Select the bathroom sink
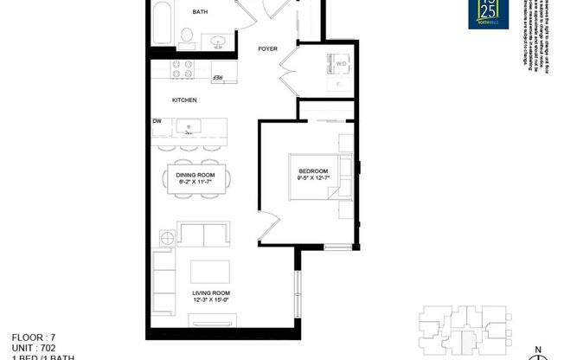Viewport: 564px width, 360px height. click(x=216, y=40)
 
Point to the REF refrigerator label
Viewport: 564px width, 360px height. click(x=218, y=78)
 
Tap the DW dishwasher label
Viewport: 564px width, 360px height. click(x=158, y=120)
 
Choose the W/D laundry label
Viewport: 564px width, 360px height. click(x=341, y=63)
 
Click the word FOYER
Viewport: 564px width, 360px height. click(x=267, y=49)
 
